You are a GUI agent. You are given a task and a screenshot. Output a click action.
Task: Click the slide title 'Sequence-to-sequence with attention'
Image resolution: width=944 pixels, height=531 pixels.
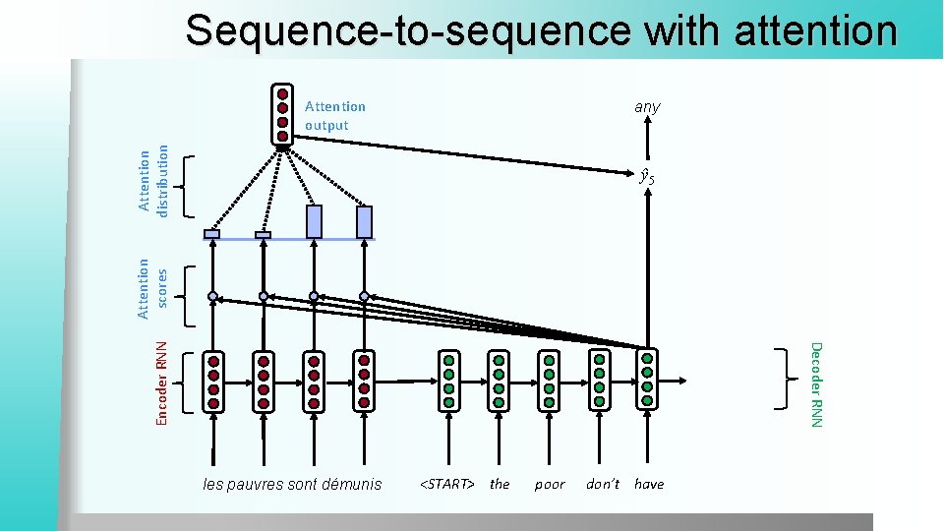(x=541, y=30)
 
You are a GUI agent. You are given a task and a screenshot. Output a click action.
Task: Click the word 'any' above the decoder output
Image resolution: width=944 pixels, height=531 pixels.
(x=647, y=106)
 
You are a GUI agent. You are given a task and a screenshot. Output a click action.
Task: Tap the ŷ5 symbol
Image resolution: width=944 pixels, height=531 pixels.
(x=646, y=178)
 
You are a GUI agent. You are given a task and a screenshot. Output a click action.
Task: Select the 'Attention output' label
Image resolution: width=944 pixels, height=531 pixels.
(x=334, y=115)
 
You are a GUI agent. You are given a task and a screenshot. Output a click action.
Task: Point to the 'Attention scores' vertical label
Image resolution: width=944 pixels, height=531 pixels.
(x=152, y=288)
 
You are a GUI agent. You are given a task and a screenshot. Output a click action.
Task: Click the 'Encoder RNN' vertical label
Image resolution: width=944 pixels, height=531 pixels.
(x=163, y=383)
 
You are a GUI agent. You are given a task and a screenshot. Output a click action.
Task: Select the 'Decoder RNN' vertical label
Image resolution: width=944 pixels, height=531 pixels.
(x=815, y=383)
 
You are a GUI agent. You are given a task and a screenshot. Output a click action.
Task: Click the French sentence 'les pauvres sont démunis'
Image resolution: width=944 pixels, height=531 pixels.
(x=292, y=484)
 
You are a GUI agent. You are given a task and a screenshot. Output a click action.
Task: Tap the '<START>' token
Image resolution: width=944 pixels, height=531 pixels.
(x=447, y=484)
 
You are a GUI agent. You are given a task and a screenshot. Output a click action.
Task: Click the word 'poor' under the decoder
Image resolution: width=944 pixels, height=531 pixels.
(x=550, y=484)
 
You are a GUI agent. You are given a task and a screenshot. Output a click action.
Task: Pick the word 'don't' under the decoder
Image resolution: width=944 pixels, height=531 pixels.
(x=603, y=484)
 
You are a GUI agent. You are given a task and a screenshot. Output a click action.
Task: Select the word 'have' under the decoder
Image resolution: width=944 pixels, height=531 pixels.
(x=649, y=484)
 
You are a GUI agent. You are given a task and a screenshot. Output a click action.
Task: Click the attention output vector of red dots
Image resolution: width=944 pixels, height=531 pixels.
(x=282, y=115)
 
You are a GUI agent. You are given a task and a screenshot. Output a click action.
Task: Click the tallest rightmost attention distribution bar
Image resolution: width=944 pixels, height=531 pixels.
(x=365, y=221)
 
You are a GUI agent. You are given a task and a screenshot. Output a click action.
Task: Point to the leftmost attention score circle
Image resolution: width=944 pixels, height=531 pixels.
(x=212, y=296)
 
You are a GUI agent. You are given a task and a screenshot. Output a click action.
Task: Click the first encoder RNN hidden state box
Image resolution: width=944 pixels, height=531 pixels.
(x=213, y=381)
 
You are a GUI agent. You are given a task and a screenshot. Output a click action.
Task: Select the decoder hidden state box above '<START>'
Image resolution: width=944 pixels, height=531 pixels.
(x=448, y=381)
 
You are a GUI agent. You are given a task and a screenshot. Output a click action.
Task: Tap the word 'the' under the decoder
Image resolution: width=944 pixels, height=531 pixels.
(x=500, y=484)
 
